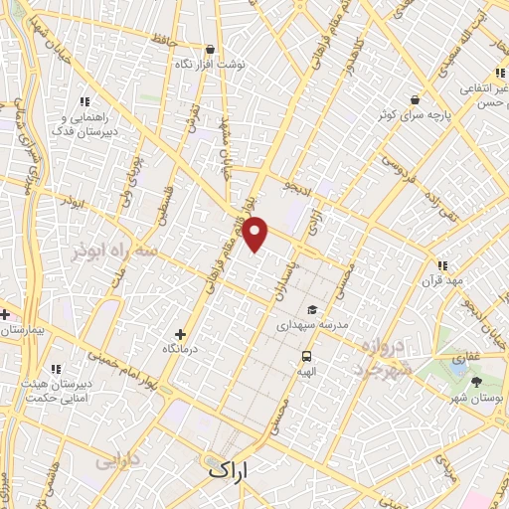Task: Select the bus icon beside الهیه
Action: (x=305, y=356)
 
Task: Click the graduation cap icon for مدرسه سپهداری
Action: (x=314, y=309)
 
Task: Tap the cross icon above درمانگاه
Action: (x=180, y=335)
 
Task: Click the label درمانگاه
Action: (x=180, y=350)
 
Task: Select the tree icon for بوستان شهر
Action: (x=477, y=381)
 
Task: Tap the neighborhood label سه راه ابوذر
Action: (x=115, y=253)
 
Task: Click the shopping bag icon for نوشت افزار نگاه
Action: (x=209, y=49)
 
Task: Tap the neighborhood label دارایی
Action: (x=118, y=461)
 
